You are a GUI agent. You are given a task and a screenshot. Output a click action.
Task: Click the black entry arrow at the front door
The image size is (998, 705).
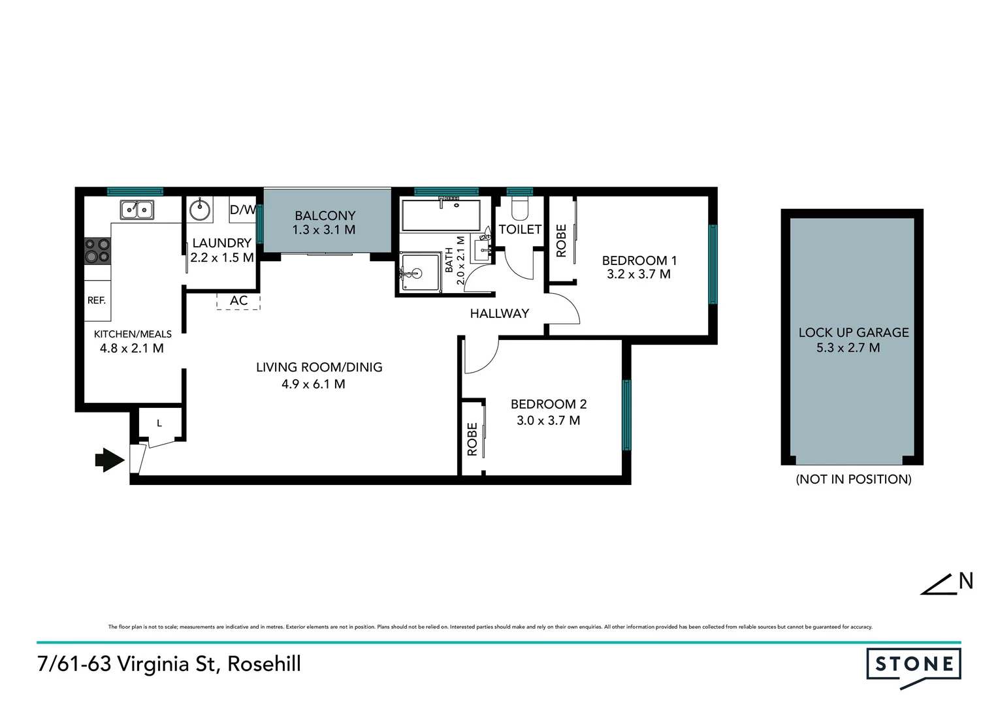pos(109,460)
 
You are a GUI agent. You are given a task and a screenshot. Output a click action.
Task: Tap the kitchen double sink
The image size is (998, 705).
pos(137,210)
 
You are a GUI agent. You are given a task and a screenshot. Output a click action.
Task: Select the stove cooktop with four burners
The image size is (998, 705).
pos(97,251)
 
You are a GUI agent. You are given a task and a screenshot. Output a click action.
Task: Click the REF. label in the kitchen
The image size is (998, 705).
pos(97,300)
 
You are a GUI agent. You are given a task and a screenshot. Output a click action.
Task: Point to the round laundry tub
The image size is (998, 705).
pos(200,210)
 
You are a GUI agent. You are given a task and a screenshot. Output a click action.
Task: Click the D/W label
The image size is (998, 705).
pos(242,210)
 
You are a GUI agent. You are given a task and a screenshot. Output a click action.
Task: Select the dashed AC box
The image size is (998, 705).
pos(238,301)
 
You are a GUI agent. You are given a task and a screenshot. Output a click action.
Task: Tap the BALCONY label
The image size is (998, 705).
pos(325,215)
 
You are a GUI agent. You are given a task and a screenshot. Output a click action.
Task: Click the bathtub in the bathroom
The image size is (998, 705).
pos(441,216)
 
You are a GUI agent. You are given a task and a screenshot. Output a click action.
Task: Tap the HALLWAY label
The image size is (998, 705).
pos(499,313)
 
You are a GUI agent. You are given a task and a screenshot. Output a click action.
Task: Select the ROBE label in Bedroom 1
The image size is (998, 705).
pos(561,241)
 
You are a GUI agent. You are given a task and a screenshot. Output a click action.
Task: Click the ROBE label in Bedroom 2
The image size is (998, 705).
pos(472,439)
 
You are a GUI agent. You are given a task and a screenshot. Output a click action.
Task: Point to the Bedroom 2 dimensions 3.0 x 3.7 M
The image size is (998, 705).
pos(548,420)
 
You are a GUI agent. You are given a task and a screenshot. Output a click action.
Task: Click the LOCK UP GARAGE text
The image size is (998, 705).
pos(853,332)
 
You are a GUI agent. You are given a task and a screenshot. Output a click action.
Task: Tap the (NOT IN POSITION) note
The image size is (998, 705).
pos(853,479)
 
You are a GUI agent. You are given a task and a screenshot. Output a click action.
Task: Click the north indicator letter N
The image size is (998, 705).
pos(965,580)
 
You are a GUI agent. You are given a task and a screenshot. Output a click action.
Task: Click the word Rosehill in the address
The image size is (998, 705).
pos(264,664)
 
